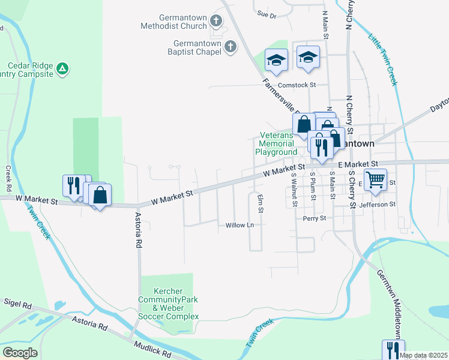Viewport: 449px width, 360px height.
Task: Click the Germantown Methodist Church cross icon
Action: click(217, 22)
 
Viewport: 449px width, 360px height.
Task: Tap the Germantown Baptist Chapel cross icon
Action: click(230, 47)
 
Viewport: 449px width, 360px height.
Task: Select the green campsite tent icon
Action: click(62, 70)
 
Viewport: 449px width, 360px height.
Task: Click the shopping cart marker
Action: click(375, 179)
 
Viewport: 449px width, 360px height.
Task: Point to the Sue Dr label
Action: click(266, 14)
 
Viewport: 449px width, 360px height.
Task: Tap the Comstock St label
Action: click(296, 85)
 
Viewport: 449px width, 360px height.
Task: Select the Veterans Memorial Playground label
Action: click(277, 144)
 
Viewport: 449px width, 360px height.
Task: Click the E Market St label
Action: click(358, 163)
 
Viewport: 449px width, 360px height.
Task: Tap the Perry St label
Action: click(314, 218)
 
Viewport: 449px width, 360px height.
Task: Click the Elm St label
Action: click(261, 204)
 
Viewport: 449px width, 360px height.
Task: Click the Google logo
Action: click(19, 353)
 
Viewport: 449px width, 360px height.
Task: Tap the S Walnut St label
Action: click(294, 188)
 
